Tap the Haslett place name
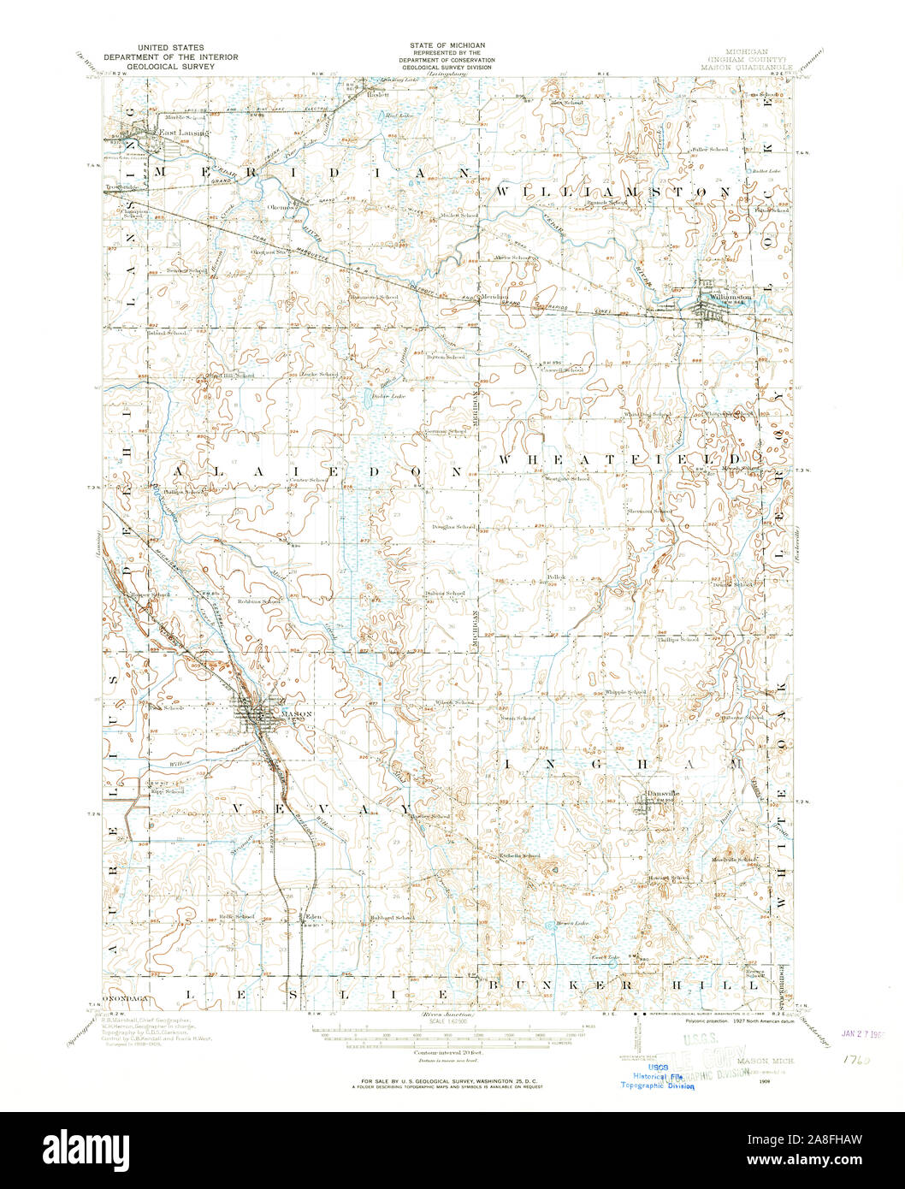click(377, 95)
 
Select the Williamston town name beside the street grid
click(730, 298)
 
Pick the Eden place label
click(314, 916)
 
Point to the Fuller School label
click(709, 150)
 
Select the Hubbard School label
click(393, 917)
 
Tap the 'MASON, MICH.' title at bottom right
click(764, 1060)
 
